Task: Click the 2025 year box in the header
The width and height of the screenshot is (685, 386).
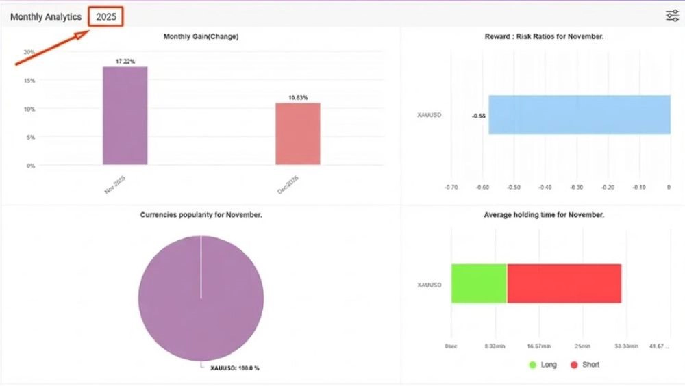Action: pos(106,17)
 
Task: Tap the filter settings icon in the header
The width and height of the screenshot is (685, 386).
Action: pos(672,16)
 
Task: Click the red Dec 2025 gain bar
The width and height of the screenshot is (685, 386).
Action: pos(298,133)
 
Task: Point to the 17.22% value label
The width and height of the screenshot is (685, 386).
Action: pos(125,62)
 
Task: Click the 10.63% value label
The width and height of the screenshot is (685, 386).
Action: pos(298,98)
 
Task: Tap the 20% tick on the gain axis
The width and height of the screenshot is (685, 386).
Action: pos(29,52)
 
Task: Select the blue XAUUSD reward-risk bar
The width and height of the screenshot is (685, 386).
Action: pos(579,115)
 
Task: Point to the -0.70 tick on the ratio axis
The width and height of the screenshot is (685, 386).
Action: pos(451,186)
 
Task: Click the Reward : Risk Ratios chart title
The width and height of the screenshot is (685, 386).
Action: pos(543,36)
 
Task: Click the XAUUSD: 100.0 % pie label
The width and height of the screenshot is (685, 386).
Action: pos(234,368)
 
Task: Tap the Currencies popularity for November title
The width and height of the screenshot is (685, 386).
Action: pos(201,215)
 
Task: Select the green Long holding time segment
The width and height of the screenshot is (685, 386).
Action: pos(479,283)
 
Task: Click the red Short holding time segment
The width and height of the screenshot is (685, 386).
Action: pos(564,283)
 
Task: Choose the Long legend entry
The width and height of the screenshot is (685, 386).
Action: pos(543,365)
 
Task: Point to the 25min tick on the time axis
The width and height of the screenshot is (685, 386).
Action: pos(582,346)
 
